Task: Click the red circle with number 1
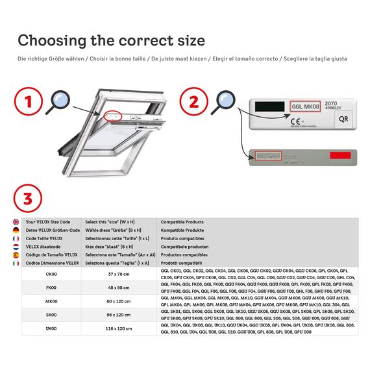click(x=28, y=102)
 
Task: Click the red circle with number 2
click(x=194, y=102)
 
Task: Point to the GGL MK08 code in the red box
click(x=304, y=106)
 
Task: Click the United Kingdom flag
click(x=16, y=222)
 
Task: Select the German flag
click(x=16, y=230)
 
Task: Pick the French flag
click(x=16, y=239)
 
